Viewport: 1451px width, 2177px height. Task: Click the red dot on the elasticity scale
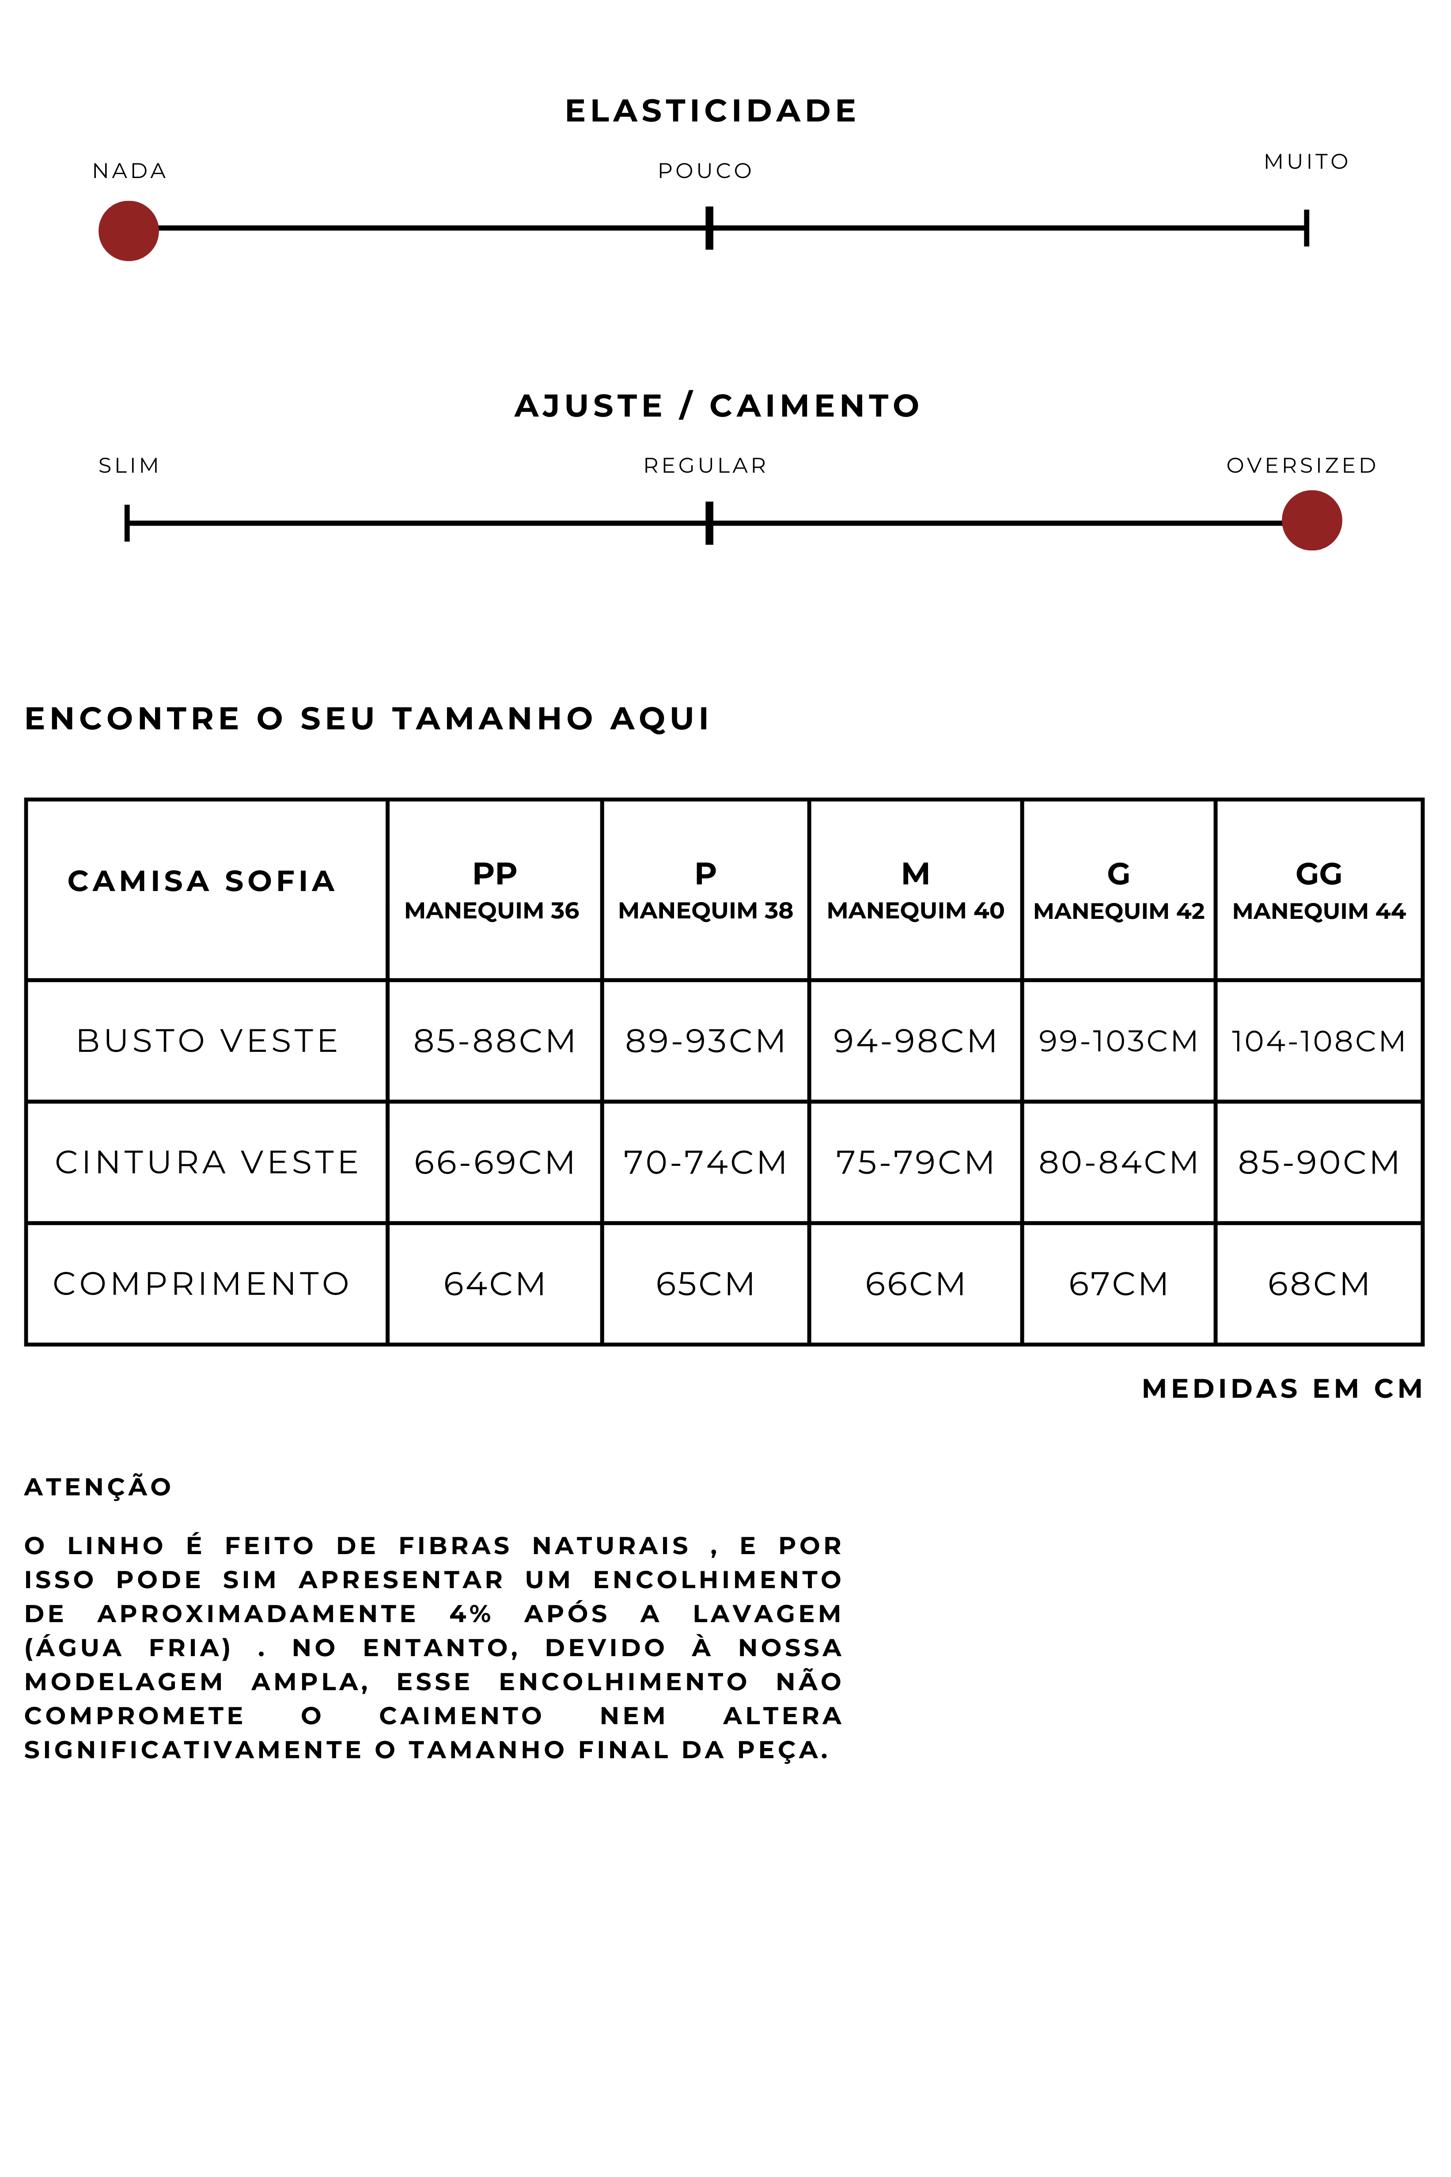pyautogui.click(x=129, y=231)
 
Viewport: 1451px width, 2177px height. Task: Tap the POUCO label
pyautogui.click(x=705, y=171)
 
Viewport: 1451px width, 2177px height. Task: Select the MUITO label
pyautogui.click(x=1306, y=162)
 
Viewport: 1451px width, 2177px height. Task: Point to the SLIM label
pyautogui.click(x=129, y=466)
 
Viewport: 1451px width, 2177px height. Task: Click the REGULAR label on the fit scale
pyautogui.click(x=705, y=466)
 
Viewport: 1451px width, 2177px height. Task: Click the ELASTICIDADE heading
pyautogui.click(x=711, y=111)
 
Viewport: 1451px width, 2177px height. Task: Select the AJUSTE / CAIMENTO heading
pyautogui.click(x=717, y=406)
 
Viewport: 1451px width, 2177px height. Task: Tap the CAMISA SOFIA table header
pyautogui.click(x=202, y=881)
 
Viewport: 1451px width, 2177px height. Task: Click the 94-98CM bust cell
pyautogui.click(x=914, y=1041)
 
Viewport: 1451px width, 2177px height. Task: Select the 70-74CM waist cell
pyautogui.click(x=705, y=1163)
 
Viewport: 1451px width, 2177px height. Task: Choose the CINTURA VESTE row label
pyautogui.click(x=206, y=1163)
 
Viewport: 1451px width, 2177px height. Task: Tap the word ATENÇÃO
pyautogui.click(x=98, y=1487)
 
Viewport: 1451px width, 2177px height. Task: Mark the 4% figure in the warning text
pyautogui.click(x=470, y=1614)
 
